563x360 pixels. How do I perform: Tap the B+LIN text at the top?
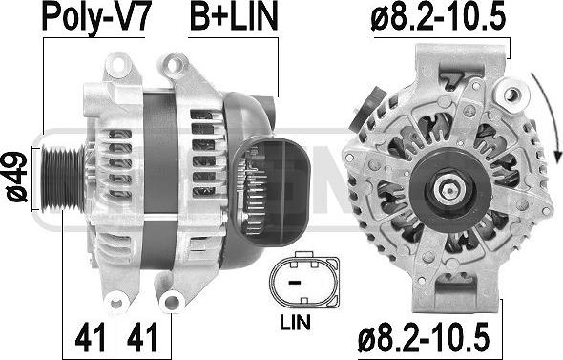tap(234, 16)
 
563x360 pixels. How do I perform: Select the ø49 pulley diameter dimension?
tap(16, 177)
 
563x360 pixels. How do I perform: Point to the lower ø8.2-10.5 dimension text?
tap(424, 337)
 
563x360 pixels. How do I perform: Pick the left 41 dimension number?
tap(90, 337)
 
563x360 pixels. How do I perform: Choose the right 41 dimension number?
tap(142, 337)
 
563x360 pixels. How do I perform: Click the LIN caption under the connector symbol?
tap(295, 323)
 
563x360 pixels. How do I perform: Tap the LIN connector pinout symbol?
tap(304, 280)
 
